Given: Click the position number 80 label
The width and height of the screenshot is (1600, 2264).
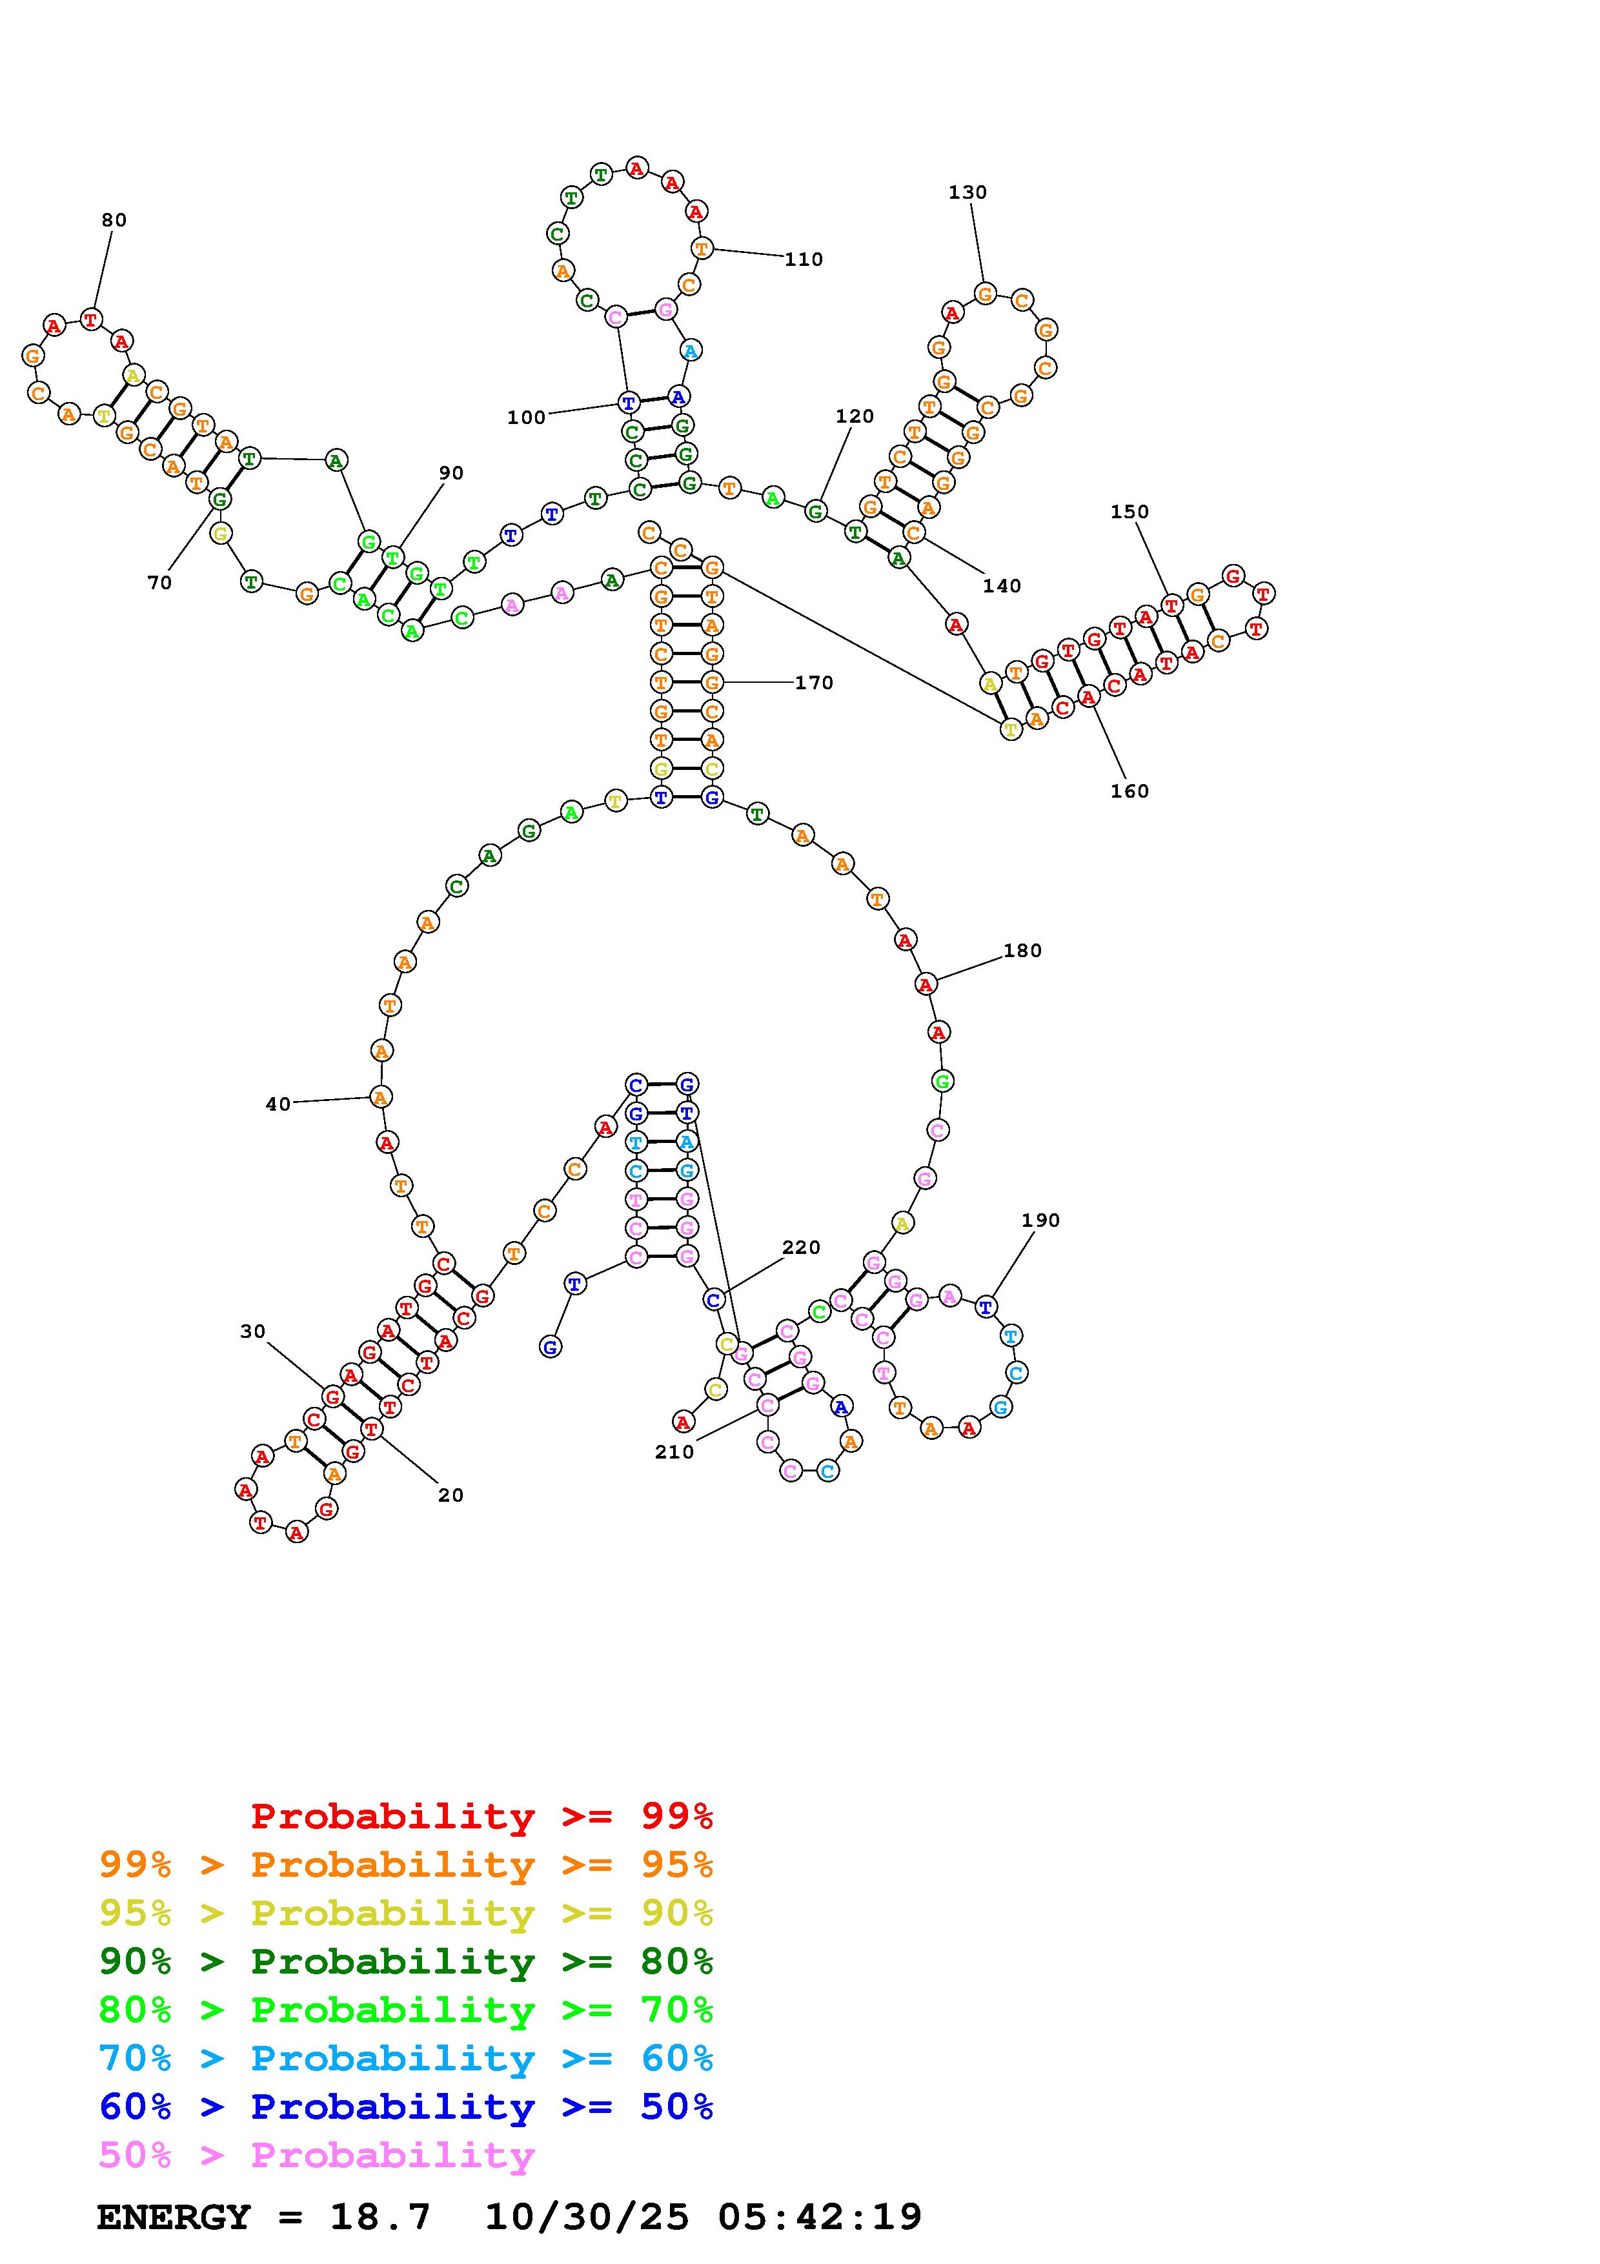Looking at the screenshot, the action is (x=114, y=220).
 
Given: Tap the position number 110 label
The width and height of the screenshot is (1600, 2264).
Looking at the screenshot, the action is (x=804, y=259).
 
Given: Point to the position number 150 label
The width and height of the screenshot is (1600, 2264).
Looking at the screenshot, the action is (x=1129, y=512).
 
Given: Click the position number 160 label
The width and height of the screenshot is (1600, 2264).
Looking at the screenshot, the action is (x=1129, y=791).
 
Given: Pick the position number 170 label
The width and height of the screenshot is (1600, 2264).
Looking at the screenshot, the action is (x=815, y=682).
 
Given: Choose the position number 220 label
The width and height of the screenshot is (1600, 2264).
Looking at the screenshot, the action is (x=802, y=1248).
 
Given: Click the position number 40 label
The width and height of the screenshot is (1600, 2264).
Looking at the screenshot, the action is (x=278, y=1104).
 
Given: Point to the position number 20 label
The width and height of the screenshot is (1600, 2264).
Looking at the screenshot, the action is (x=451, y=1495).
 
